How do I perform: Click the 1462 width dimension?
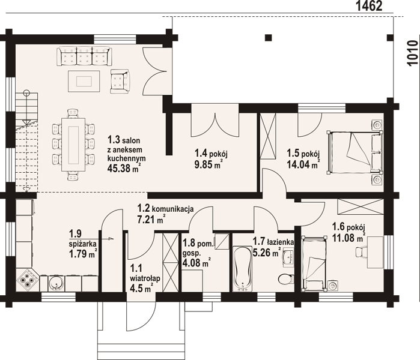point(369,6)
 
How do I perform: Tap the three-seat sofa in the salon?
point(84,56)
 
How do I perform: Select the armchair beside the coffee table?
point(120,82)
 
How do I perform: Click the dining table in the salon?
point(73,145)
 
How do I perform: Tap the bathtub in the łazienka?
point(243,269)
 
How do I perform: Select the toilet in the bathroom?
point(285,279)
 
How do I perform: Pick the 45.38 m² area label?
point(124,168)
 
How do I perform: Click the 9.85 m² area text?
point(208,163)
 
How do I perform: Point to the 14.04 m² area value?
point(303,164)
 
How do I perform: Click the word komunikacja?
point(173,209)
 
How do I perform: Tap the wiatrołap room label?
point(145,278)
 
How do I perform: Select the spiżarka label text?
point(83,244)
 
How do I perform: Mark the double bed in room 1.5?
point(355,152)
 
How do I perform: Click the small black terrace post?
point(269,37)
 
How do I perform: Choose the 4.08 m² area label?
point(196,262)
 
